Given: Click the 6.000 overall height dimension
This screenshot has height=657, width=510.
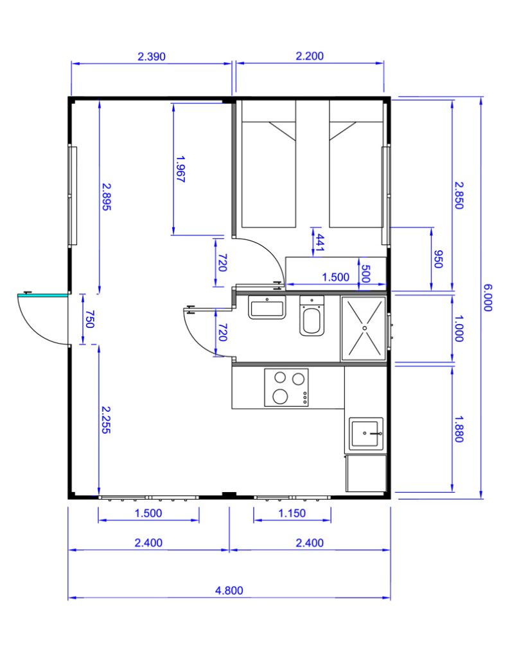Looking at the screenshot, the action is [x=487, y=298].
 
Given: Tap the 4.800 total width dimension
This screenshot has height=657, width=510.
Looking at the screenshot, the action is [x=229, y=590].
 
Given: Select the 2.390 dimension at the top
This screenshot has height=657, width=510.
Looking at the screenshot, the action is [x=152, y=56].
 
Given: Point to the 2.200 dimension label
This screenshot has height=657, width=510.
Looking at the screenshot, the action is [x=310, y=56].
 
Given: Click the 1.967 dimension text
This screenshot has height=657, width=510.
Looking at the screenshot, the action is [x=180, y=169].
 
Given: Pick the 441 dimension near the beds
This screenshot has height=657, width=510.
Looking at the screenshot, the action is [x=320, y=243].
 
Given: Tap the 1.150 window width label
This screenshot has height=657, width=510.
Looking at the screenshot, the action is [x=292, y=513].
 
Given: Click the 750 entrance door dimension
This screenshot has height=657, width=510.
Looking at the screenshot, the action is [x=90, y=319].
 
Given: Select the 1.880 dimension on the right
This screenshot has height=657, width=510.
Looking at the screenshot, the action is [x=459, y=429].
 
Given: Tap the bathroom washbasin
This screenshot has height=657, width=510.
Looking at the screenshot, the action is [x=267, y=307].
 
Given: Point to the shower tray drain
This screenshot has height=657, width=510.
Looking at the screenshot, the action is [x=364, y=328].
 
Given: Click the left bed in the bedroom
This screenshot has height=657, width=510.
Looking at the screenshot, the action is [x=269, y=164].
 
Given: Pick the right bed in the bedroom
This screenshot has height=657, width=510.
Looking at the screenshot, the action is [x=356, y=164].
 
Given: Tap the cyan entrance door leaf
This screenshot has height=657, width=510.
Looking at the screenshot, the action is [x=42, y=295].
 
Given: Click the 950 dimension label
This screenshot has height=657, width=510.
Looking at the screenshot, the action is [x=438, y=259].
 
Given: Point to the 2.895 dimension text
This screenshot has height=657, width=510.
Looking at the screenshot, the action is [x=107, y=196].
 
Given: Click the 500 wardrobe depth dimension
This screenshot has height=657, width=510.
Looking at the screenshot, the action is [x=365, y=273].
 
